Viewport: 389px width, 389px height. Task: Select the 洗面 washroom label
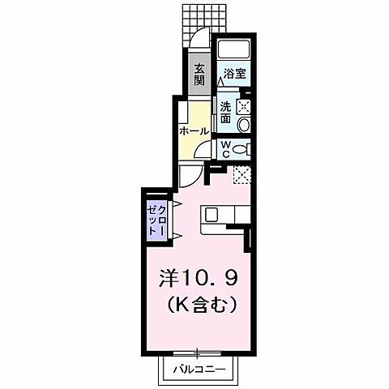point(224,113)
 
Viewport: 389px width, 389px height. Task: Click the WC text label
point(225,150)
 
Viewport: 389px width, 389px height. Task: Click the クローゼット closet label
point(156,218)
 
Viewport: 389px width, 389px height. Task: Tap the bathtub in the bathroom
point(236,50)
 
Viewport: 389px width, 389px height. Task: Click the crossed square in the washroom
point(242,104)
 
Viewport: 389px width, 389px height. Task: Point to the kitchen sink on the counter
point(212,215)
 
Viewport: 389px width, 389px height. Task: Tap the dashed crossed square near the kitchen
point(241,173)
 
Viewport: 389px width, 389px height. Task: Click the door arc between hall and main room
point(189,177)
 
